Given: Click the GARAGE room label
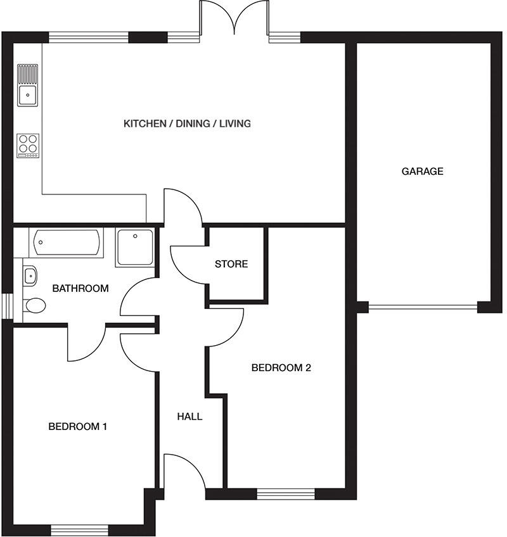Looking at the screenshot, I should pos(422,171).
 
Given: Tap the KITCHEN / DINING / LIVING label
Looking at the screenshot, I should pos(187,123).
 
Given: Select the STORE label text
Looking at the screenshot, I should pos(231,264).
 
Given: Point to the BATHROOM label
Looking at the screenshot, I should pos(80,289).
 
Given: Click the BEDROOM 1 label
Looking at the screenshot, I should pos(77,426).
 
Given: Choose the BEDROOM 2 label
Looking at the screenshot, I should pos(281,368).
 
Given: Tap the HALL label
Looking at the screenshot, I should pos(189,417).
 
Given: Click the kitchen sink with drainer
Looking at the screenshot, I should pos(27,85).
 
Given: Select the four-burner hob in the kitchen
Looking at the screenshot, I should pos(28,146).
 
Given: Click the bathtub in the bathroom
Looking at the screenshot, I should pos(66,243).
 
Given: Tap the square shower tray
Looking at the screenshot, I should pos(135,247).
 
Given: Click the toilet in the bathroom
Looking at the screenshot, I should pos(34,306).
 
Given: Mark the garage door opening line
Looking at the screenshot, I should pos(423,307).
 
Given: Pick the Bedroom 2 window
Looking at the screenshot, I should pos(286,493).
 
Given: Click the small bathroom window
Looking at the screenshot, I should pos(6,306).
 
